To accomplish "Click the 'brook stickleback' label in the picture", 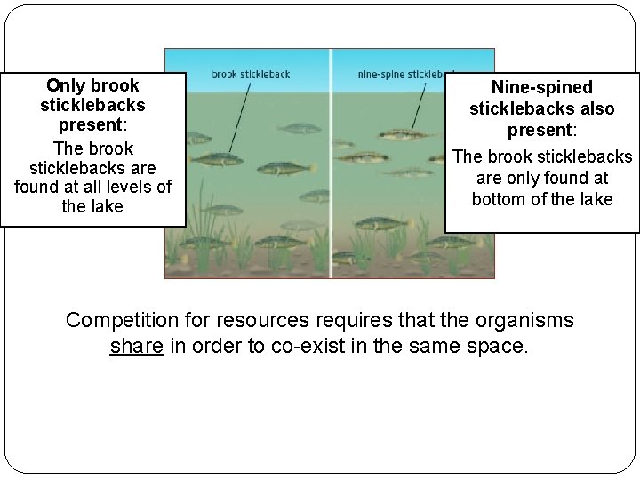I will [251, 75].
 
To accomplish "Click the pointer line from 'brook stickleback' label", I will [238, 116].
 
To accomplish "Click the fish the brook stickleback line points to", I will [219, 159].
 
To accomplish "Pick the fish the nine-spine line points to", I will [404, 135].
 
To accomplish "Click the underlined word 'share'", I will [136, 346].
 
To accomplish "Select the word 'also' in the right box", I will [598, 108].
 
